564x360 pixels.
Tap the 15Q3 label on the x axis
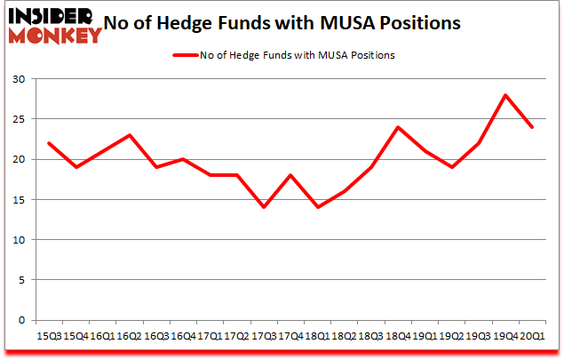49,336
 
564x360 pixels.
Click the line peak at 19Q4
504,95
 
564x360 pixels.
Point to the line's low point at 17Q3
263,207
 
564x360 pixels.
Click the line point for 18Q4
397,127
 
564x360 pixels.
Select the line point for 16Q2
129,135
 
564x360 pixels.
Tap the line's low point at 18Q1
316,207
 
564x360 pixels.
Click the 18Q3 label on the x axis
370,336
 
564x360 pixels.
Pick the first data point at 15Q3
49,143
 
